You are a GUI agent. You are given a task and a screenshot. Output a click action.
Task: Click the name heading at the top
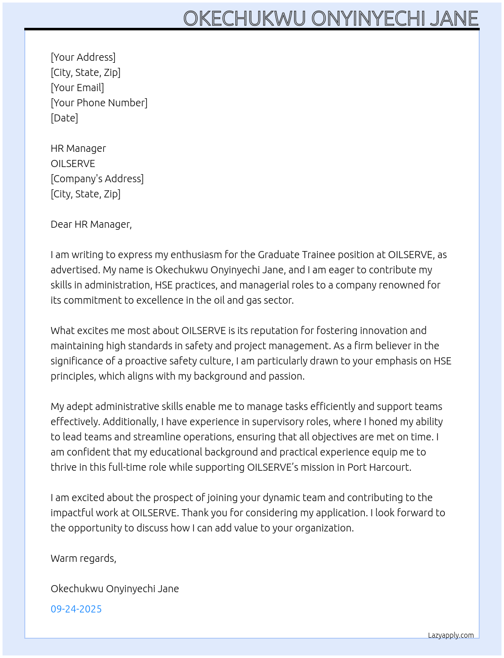[x=330, y=18]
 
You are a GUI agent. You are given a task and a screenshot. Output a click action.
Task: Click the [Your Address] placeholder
[x=83, y=57]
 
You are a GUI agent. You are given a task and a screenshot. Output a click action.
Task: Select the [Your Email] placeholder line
[x=77, y=88]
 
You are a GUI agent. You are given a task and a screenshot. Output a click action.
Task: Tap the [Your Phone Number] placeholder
[x=99, y=103]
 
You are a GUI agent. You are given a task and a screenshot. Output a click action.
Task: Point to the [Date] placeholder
[x=64, y=118]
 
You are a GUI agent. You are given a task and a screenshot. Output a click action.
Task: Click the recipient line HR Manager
[x=78, y=148]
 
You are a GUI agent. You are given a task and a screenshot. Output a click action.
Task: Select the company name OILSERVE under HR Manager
[x=73, y=163]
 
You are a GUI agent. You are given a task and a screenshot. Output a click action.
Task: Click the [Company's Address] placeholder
[x=97, y=179]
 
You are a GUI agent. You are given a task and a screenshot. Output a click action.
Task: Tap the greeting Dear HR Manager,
[x=91, y=224]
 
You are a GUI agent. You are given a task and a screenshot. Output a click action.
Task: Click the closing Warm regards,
[x=83, y=558]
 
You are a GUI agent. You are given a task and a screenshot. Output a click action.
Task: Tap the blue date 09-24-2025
[x=76, y=609]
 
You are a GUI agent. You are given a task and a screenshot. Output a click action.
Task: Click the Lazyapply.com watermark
[x=451, y=635]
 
